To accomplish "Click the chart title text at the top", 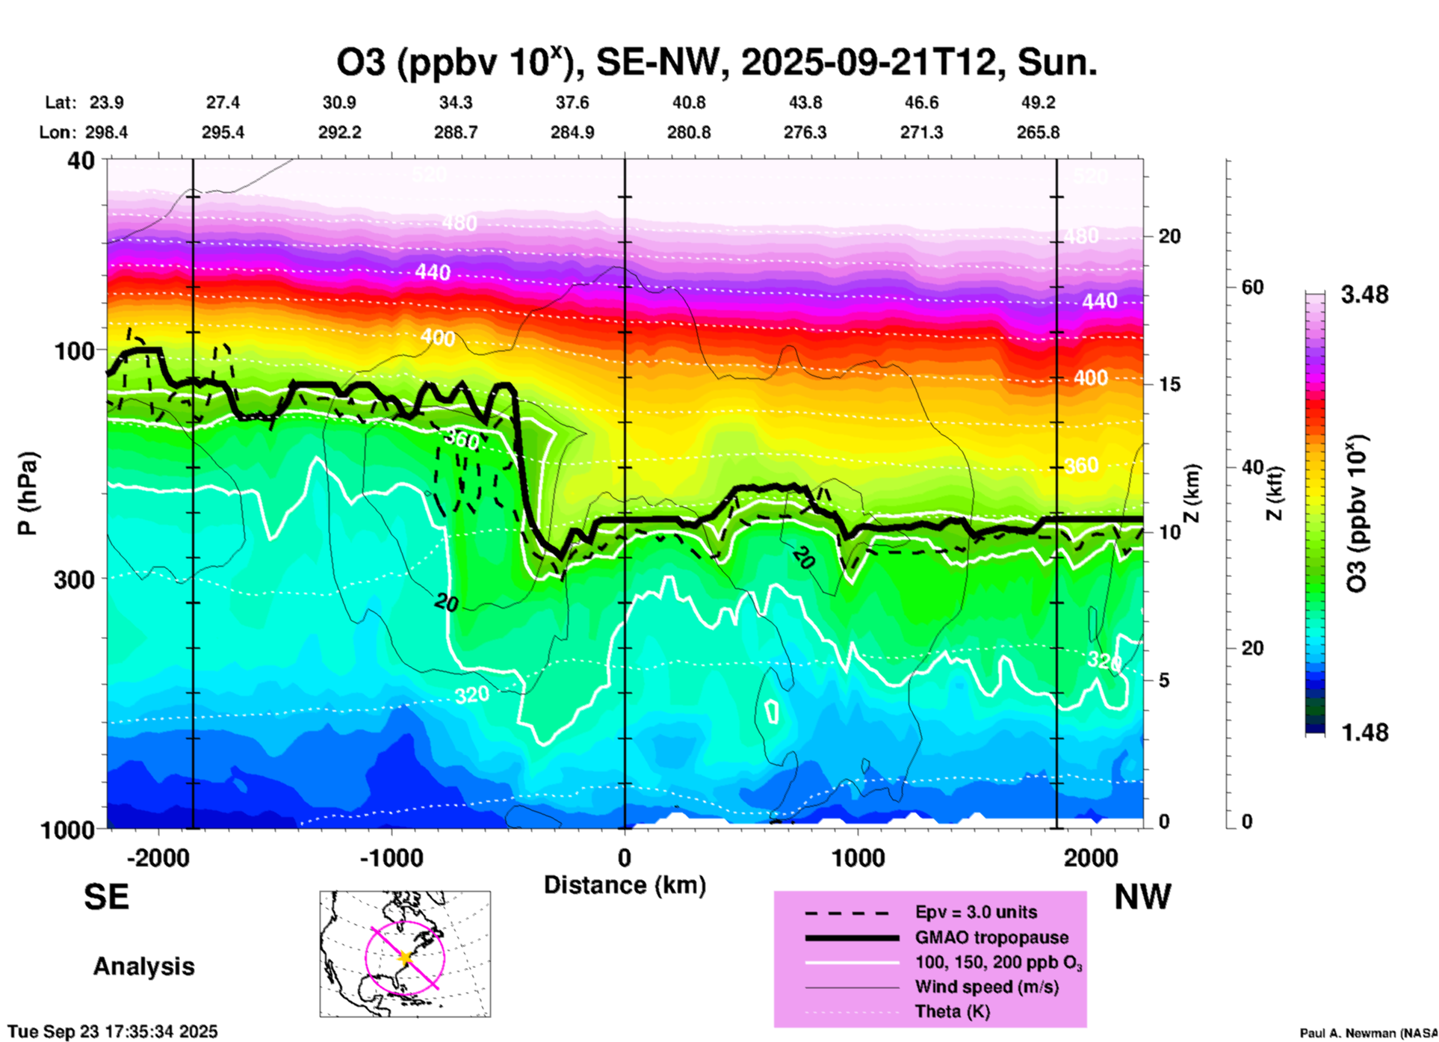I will (716, 63).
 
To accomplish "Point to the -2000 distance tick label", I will (158, 857).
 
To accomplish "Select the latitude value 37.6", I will (572, 102).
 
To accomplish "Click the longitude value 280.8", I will (688, 133).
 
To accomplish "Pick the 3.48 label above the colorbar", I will (1364, 295).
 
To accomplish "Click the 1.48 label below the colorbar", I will (1364, 732).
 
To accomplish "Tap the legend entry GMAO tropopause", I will (991, 937).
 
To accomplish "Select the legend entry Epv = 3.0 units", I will (976, 912).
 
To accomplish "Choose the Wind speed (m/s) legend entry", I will (986, 987).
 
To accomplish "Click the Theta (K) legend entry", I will (952, 1011).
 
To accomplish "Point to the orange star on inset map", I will (405, 958).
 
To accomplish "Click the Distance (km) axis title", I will (625, 885).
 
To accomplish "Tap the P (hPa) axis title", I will (28, 493).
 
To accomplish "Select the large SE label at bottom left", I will (106, 897).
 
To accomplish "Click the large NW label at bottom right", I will (1142, 897).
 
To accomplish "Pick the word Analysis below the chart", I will (143, 967).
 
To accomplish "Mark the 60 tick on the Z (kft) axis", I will (1252, 288).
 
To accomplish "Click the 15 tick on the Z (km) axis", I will (1169, 384).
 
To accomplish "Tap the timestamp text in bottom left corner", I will (113, 1032).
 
